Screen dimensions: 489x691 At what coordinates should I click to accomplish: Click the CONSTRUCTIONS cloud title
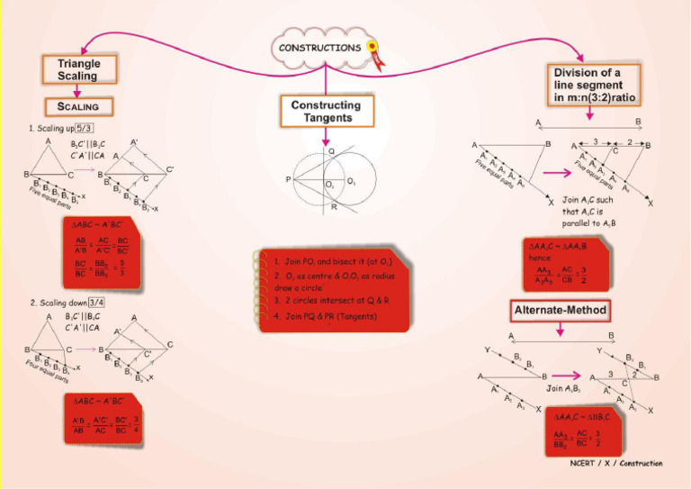coord(320,47)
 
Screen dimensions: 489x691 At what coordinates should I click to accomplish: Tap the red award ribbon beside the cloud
coord(372,52)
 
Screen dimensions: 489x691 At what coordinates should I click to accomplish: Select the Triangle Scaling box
coord(79,70)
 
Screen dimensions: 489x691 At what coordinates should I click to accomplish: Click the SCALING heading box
coord(79,106)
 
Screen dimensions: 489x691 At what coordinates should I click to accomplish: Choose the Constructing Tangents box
coord(326,112)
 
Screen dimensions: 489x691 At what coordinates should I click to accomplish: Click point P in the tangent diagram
coord(289,180)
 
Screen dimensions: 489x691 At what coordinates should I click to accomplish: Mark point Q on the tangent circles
coord(330,152)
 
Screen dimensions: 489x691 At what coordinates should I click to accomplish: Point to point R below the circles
coord(333,207)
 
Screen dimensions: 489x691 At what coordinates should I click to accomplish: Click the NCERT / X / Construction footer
coord(616,463)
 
